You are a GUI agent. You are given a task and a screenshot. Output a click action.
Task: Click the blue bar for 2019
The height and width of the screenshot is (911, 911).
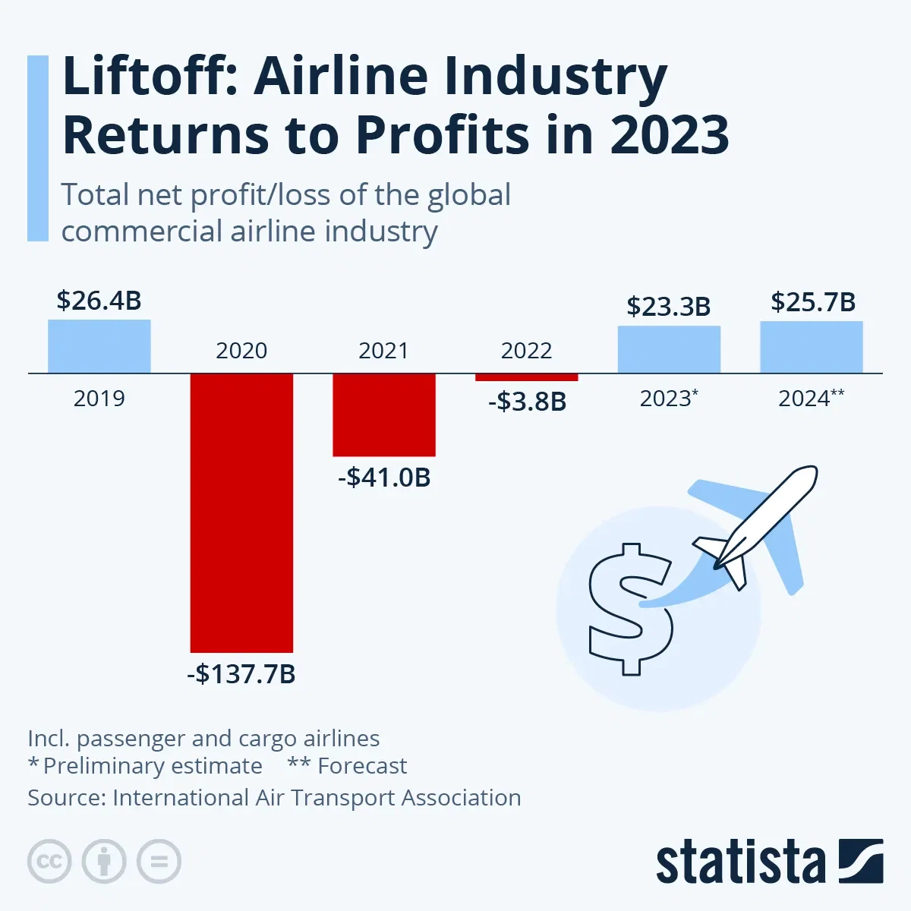pyautogui.click(x=99, y=346)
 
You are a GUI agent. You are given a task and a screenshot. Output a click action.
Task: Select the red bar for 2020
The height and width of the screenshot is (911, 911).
pyautogui.click(x=241, y=512)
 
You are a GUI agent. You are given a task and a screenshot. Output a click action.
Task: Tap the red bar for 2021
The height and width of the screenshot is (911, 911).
pyautogui.click(x=384, y=415)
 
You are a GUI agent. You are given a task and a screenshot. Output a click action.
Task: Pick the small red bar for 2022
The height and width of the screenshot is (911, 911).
pyautogui.click(x=526, y=377)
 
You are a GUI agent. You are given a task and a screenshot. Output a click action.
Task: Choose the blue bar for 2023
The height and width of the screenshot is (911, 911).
pyautogui.click(x=669, y=349)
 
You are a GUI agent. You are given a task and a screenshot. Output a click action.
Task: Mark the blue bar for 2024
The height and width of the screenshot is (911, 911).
pyautogui.click(x=812, y=347)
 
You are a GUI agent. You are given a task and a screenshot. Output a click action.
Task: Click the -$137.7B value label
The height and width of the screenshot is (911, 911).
pyautogui.click(x=241, y=673)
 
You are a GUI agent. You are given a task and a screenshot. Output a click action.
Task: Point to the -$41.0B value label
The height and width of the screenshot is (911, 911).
pyautogui.click(x=384, y=478)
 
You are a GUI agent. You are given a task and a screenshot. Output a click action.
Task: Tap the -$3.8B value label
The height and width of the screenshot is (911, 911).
pyautogui.click(x=527, y=401)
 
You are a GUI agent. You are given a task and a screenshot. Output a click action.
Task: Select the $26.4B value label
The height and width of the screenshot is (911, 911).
pyautogui.click(x=99, y=301)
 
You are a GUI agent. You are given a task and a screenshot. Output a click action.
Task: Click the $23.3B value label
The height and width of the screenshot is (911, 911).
pyautogui.click(x=669, y=306)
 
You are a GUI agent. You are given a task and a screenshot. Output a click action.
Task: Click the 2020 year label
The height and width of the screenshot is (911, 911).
pyautogui.click(x=241, y=351)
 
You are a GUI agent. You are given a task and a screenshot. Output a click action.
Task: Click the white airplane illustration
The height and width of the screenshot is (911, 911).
pyautogui.click(x=759, y=524)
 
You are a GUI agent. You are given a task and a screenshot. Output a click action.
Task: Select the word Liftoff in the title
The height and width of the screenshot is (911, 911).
pyautogui.click(x=150, y=77)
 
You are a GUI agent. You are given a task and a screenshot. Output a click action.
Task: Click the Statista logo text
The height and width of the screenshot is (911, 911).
pyautogui.click(x=740, y=863)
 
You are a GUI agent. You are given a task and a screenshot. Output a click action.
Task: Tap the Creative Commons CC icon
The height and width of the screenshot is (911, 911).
pyautogui.click(x=49, y=862)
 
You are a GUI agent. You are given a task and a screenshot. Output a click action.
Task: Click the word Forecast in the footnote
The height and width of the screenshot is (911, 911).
pyautogui.click(x=362, y=766)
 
